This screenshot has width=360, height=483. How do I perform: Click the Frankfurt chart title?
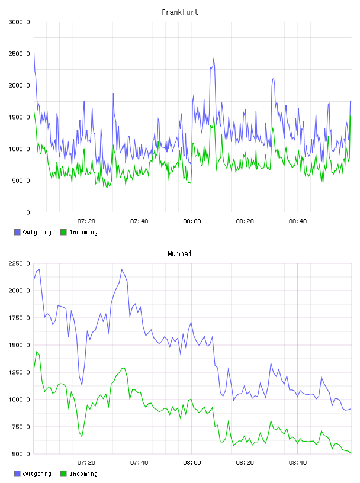(180, 12)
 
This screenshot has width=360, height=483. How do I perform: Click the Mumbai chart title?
(179, 254)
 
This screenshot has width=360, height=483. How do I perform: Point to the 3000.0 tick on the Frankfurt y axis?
(19, 22)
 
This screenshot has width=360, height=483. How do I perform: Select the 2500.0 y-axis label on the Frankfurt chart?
(19, 54)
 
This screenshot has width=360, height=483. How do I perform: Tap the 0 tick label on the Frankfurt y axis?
(28, 212)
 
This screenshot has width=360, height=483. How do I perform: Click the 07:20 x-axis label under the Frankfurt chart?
(86, 221)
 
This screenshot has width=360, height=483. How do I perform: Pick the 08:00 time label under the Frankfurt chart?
(192, 221)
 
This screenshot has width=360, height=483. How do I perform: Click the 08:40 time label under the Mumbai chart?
(298, 463)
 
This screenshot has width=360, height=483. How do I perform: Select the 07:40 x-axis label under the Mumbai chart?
(139, 463)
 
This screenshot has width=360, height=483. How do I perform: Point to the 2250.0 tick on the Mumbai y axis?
(19, 263)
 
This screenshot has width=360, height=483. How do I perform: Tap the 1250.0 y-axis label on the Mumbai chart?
(19, 372)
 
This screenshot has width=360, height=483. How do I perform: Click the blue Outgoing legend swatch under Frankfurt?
(17, 232)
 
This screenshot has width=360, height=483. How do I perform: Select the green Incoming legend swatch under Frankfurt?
(63, 232)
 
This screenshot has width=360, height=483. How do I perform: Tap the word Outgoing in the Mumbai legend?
(37, 474)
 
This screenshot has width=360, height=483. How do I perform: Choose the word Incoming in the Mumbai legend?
(83, 474)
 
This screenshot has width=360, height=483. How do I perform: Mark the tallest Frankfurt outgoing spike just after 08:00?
(214, 58)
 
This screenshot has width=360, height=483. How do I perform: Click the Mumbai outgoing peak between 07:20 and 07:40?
(122, 269)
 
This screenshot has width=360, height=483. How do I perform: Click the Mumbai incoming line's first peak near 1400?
(37, 352)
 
